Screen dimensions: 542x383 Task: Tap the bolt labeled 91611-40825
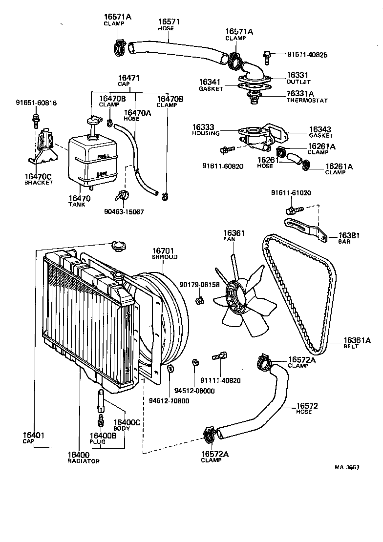pos(267,57)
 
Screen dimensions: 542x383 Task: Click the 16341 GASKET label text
pos(211,85)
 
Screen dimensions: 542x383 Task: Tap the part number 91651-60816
pos(36,103)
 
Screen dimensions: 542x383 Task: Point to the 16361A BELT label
pos(357,343)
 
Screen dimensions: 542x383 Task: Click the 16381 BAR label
pos(349,238)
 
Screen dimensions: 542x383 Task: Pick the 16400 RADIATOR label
pos(83,458)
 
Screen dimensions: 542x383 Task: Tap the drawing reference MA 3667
pos(347,467)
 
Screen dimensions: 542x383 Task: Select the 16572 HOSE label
pos(307,408)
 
